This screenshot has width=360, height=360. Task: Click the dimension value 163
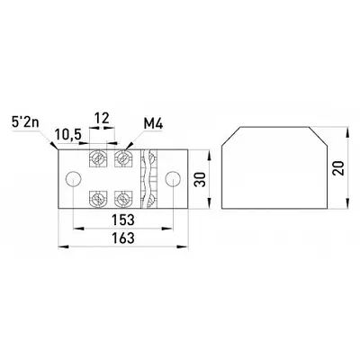[123, 238]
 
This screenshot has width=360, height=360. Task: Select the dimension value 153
[123, 220]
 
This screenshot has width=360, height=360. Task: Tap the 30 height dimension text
[201, 179]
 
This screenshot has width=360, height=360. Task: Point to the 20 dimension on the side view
[338, 168]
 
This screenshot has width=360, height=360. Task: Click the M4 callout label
[153, 124]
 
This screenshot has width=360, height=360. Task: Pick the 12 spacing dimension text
[102, 119]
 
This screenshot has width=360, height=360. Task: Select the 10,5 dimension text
[67, 135]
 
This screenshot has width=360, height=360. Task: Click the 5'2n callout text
[25, 122]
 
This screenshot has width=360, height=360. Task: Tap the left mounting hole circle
[74, 179]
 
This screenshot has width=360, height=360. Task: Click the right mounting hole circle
[173, 179]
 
